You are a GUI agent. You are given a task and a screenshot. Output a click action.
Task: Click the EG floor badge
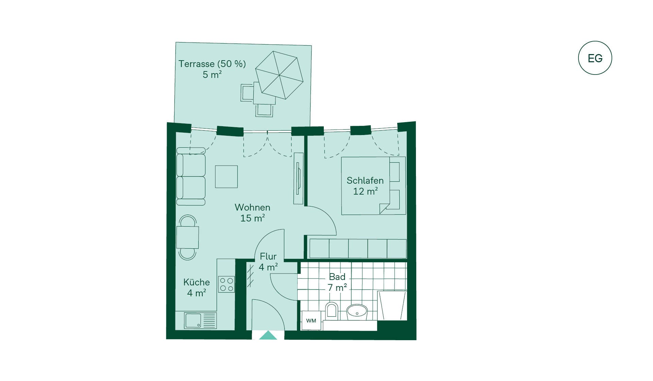(x=595, y=58)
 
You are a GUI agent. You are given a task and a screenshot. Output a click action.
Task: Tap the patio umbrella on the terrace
(x=279, y=75)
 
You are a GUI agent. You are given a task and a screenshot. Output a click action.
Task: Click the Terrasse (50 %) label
(x=212, y=64)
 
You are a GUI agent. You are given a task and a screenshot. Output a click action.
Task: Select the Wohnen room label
(x=252, y=207)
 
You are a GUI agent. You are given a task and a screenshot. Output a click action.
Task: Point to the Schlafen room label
(x=365, y=180)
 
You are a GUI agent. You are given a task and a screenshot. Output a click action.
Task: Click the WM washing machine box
(x=311, y=320)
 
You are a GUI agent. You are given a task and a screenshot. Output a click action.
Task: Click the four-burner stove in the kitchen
(x=227, y=284)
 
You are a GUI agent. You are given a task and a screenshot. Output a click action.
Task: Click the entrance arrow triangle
(x=268, y=335)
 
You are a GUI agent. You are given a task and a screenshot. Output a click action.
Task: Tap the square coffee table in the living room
(x=226, y=177)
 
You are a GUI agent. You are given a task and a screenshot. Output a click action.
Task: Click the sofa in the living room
(x=191, y=176)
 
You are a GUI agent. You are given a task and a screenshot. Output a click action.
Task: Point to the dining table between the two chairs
(x=187, y=237)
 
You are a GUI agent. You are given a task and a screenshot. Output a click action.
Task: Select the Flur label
(x=268, y=256)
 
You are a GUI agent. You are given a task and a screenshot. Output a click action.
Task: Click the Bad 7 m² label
(x=337, y=282)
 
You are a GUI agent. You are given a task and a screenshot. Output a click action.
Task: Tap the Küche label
(x=197, y=282)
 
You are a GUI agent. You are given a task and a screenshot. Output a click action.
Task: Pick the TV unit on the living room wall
(x=299, y=178)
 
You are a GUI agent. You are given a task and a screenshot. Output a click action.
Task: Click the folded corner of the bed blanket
(x=385, y=208)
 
